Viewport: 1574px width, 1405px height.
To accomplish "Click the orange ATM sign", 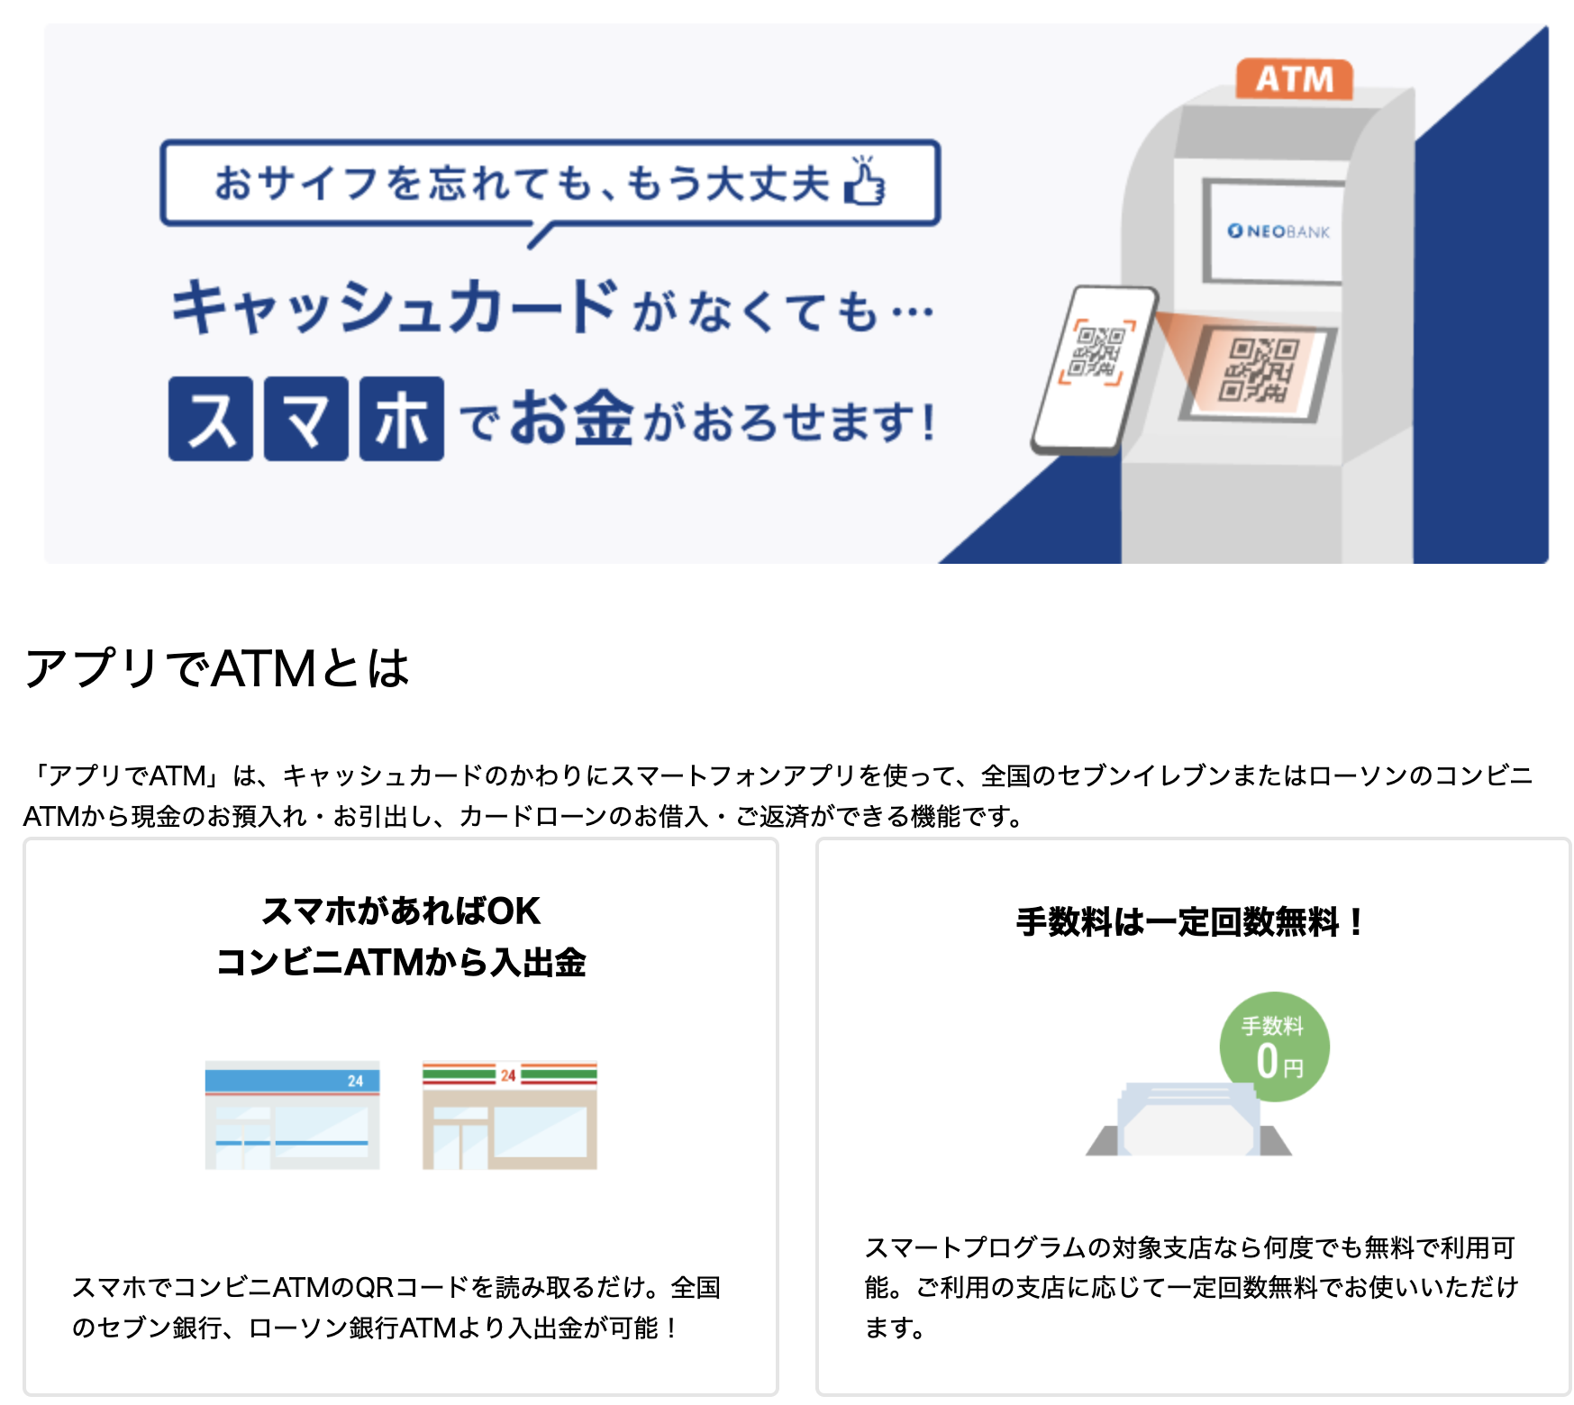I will click(x=1294, y=79).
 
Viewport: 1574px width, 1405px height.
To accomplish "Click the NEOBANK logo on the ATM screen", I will click(x=1278, y=231).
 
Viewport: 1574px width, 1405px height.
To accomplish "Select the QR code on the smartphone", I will click(x=1096, y=352).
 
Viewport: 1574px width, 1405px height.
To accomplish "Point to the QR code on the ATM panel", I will click(x=1260, y=370).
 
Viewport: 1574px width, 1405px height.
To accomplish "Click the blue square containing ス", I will click(x=211, y=419).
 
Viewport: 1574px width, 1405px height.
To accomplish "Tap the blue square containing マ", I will click(x=306, y=419).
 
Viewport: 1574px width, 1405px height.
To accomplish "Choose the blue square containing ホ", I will click(x=402, y=419).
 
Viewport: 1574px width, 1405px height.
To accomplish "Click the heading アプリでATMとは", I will click(x=216, y=668).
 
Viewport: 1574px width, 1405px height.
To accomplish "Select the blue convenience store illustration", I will click(x=292, y=1115).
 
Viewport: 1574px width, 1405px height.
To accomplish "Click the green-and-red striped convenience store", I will click(x=509, y=1115).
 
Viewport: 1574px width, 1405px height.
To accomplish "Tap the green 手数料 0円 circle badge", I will click(x=1274, y=1047).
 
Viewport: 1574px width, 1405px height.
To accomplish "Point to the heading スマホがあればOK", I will click(x=401, y=911).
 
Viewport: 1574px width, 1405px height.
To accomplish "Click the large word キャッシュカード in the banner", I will click(x=395, y=307).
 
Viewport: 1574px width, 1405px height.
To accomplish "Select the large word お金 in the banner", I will click(x=571, y=419).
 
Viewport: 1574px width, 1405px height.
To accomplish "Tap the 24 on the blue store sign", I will click(x=356, y=1081).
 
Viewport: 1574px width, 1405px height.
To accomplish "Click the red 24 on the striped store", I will click(x=508, y=1074).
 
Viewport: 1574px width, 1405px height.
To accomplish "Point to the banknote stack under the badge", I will click(x=1187, y=1122).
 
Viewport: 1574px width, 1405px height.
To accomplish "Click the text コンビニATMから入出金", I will click(x=401, y=962).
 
